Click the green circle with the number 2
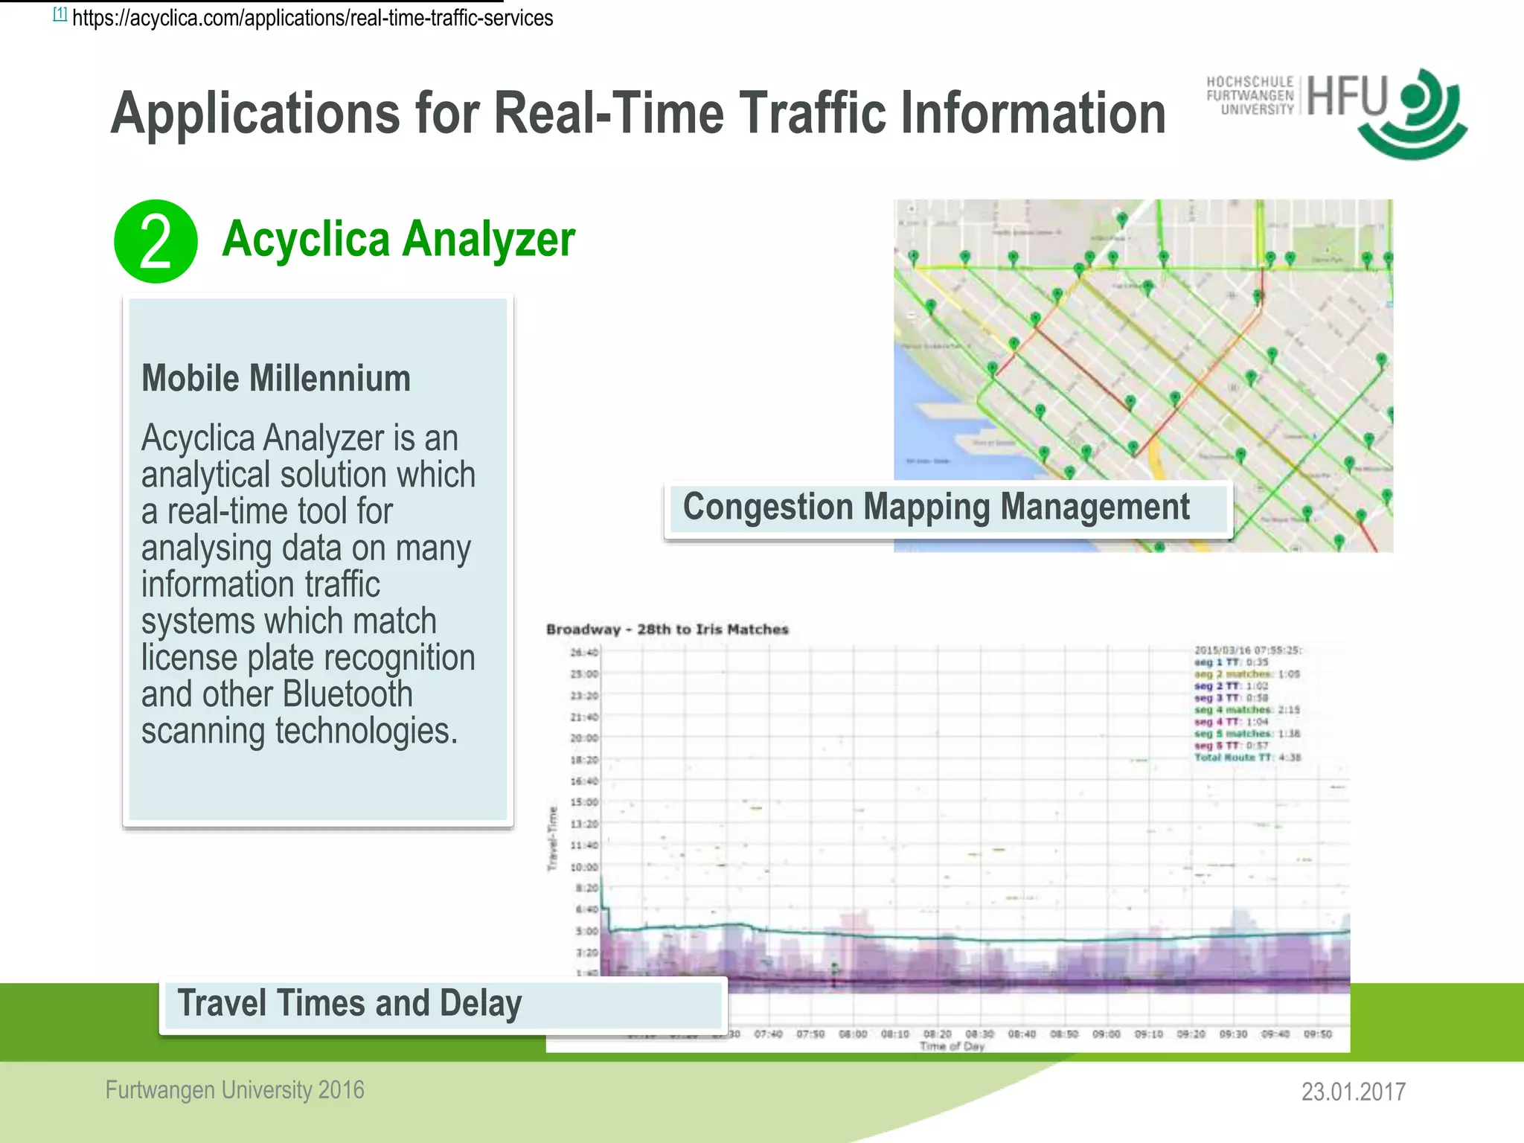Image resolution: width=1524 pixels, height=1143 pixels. [156, 241]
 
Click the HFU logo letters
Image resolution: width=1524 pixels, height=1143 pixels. [1347, 97]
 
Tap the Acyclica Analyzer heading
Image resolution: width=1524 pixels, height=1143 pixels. [398, 240]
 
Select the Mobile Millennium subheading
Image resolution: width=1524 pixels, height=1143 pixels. [276, 379]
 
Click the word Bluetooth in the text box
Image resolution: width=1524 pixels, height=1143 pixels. [348, 694]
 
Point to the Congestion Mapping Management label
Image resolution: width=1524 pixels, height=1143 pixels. [936, 508]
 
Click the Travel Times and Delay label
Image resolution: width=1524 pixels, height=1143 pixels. [350, 1003]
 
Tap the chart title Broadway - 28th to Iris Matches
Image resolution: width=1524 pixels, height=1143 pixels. [667, 630]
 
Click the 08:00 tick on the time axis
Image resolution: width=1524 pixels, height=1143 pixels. [853, 1034]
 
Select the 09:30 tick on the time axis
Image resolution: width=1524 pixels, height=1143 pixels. [1233, 1034]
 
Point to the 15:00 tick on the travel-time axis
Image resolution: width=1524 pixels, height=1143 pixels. [584, 803]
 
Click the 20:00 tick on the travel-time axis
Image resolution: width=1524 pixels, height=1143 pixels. [584, 738]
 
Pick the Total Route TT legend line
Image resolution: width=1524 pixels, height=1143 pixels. [1247, 758]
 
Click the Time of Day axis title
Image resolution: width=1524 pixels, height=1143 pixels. [952, 1046]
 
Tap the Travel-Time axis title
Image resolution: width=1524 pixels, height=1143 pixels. [553, 839]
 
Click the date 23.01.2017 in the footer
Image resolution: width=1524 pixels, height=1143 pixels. [1353, 1092]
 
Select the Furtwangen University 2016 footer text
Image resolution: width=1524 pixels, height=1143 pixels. [235, 1090]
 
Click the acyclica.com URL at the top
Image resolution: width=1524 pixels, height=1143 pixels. [313, 18]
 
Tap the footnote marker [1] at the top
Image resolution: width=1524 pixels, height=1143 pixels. [60, 14]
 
